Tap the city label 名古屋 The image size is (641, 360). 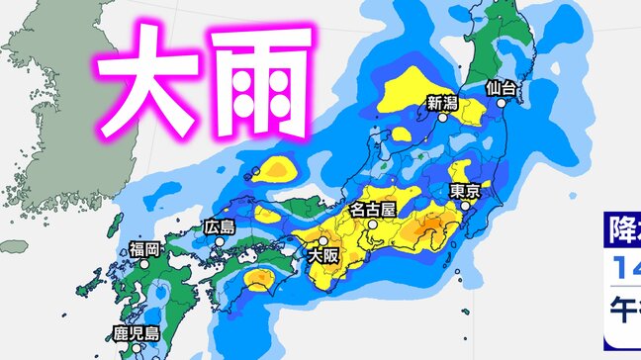[373, 210]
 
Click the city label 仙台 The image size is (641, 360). [503, 88]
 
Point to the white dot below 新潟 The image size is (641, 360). [442, 116]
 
